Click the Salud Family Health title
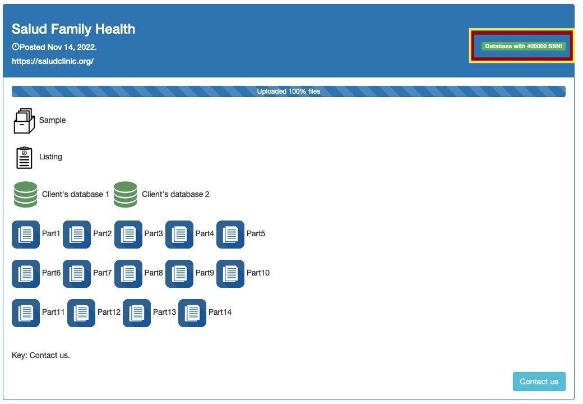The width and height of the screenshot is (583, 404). (x=73, y=29)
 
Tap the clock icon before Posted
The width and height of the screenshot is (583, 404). (x=16, y=47)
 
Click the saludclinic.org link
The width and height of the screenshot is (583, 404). (x=53, y=61)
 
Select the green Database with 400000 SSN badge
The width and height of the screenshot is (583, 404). (x=523, y=46)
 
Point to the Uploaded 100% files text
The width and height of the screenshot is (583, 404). (x=289, y=91)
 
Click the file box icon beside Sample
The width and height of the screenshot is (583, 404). (x=24, y=121)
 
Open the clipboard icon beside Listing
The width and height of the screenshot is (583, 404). (x=24, y=157)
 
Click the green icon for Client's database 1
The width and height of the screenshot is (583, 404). (x=26, y=194)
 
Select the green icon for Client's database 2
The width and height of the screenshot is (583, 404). (x=126, y=194)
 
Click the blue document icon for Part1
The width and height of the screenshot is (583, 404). (x=26, y=235)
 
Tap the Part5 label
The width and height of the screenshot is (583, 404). (x=256, y=233)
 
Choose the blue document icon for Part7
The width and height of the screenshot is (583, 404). (x=77, y=274)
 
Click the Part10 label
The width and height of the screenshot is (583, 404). (x=258, y=273)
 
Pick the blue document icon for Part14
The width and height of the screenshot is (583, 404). (x=192, y=313)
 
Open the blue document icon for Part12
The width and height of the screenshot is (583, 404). (x=81, y=313)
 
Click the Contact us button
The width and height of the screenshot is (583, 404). (x=539, y=382)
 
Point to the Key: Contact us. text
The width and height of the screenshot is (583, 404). (x=41, y=355)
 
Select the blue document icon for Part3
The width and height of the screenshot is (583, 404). (x=128, y=235)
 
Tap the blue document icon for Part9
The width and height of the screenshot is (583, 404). (x=179, y=274)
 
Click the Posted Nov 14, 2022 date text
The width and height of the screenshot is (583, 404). (x=58, y=47)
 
